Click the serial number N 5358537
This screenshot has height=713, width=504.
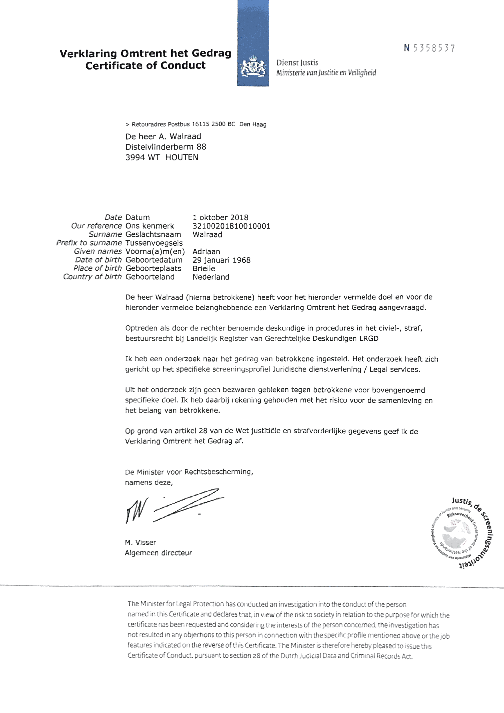click(x=429, y=48)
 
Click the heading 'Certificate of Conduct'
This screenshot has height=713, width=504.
click(x=145, y=66)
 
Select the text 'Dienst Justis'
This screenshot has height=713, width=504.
click(x=297, y=63)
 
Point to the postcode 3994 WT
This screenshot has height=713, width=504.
click(x=142, y=157)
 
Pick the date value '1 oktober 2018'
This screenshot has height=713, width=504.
click(x=220, y=217)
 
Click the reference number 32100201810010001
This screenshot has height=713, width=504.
click(x=231, y=226)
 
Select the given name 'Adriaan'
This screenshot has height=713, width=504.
click(x=206, y=251)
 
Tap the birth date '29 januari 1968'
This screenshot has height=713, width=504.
click(x=221, y=260)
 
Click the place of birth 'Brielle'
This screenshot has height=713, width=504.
click(x=204, y=269)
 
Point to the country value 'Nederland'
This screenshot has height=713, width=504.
click(x=211, y=277)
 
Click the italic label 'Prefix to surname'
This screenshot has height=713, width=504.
click(x=89, y=243)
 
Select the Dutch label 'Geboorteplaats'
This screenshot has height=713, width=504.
click(x=153, y=269)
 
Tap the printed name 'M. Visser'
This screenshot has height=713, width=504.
click(x=140, y=543)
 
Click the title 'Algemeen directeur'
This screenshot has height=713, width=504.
click(x=158, y=553)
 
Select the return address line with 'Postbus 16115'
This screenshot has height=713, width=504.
click(x=196, y=124)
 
